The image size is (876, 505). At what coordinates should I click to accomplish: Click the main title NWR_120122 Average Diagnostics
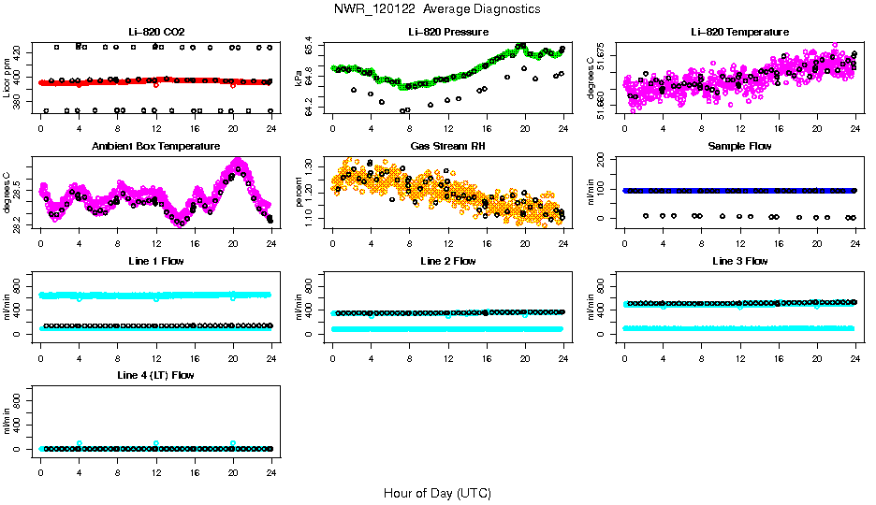(x=436, y=8)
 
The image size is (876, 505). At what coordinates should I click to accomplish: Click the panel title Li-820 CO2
(x=155, y=32)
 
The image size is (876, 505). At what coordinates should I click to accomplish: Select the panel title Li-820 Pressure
(x=447, y=32)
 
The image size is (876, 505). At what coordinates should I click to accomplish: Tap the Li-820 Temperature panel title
(x=739, y=32)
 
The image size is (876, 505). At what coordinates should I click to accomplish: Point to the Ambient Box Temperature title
(x=155, y=146)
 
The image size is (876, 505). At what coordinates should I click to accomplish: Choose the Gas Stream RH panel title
(x=447, y=146)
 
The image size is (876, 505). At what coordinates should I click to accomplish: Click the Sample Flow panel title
(x=739, y=146)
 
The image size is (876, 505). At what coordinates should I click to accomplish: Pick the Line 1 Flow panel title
(x=155, y=261)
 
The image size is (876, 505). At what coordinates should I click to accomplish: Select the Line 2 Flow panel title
(x=447, y=261)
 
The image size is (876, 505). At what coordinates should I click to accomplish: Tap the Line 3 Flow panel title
(x=739, y=261)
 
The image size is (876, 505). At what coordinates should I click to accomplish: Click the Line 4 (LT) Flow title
(x=155, y=375)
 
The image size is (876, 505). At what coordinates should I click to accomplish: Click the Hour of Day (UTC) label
(x=436, y=493)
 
